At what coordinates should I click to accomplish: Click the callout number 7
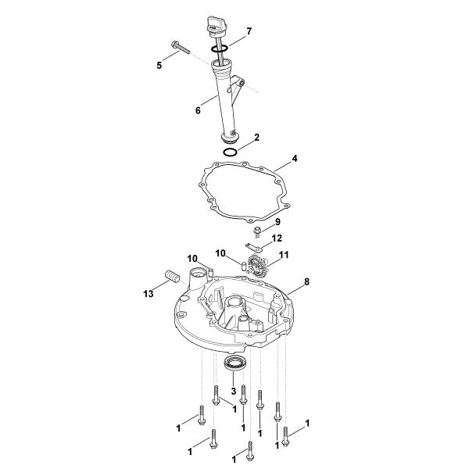[x=249, y=31]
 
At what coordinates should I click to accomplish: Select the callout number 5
[x=159, y=65]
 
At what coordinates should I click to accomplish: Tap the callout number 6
[x=198, y=110]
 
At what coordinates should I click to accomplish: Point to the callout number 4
[x=295, y=159]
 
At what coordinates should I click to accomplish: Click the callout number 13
[x=149, y=294]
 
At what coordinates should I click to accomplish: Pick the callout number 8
[x=306, y=281]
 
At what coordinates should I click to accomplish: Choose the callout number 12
[x=277, y=238]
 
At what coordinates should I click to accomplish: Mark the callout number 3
[x=234, y=391]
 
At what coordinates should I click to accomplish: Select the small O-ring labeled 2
[x=231, y=152]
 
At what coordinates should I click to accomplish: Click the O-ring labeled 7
[x=219, y=48]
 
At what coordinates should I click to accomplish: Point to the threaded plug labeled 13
[x=172, y=276]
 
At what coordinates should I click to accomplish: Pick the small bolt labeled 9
[x=257, y=232]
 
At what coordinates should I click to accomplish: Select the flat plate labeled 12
[x=253, y=247]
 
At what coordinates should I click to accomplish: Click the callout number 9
[x=277, y=222]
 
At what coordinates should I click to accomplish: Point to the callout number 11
[x=284, y=255]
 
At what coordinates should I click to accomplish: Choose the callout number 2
[x=256, y=138]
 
